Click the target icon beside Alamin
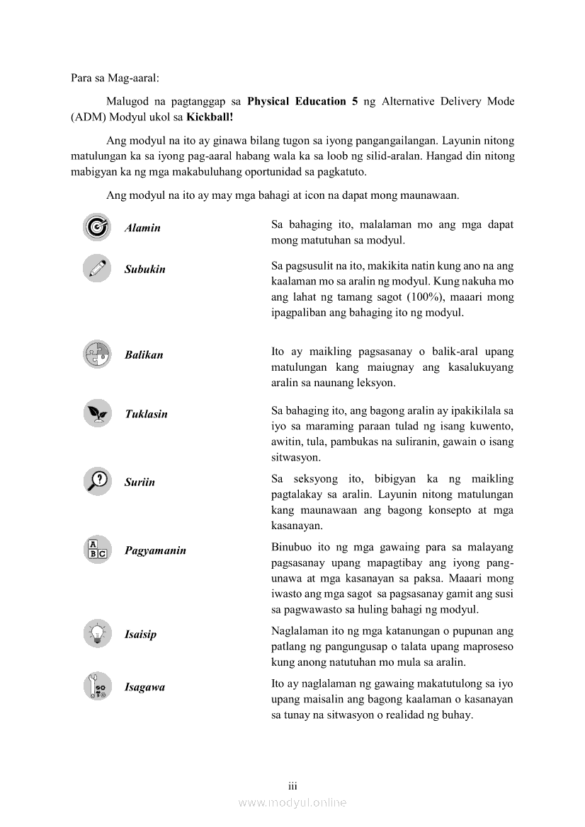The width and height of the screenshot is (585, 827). (x=96, y=227)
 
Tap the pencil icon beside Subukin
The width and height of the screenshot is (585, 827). (x=96, y=269)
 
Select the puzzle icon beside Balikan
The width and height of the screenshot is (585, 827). (x=96, y=354)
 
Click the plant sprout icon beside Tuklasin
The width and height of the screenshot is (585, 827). (x=96, y=413)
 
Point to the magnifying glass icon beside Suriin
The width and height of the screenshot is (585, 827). (x=96, y=481)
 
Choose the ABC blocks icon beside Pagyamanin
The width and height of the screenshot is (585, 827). (x=96, y=550)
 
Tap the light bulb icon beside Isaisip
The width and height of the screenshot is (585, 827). (x=96, y=633)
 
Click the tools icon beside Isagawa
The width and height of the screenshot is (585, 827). (x=96, y=686)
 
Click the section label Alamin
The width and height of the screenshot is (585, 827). (x=142, y=228)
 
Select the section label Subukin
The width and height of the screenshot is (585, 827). (x=144, y=270)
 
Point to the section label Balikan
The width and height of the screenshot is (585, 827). (x=144, y=355)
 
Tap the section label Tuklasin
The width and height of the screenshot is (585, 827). (x=146, y=414)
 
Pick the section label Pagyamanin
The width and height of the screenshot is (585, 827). (x=155, y=550)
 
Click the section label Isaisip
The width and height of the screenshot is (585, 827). (x=140, y=635)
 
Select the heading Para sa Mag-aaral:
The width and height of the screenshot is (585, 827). (x=115, y=78)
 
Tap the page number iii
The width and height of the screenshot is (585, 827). (x=292, y=786)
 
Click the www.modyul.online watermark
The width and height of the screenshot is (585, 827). (x=292, y=802)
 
